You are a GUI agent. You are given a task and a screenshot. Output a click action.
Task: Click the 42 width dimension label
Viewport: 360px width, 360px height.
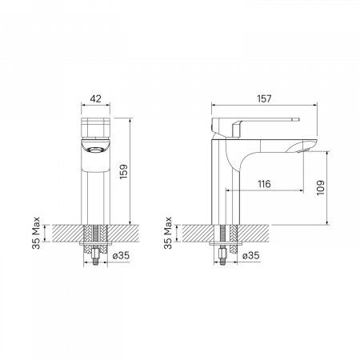(x=95, y=99)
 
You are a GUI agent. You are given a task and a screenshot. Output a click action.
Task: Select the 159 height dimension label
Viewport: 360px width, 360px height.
(x=123, y=172)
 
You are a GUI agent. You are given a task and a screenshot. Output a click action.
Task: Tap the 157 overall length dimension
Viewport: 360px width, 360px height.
(x=264, y=99)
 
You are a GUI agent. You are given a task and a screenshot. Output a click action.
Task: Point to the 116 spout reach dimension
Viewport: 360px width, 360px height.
(x=264, y=184)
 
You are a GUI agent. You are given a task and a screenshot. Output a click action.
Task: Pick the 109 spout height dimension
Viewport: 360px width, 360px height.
(x=321, y=188)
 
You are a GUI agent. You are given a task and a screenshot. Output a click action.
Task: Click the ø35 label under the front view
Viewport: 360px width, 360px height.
(x=121, y=255)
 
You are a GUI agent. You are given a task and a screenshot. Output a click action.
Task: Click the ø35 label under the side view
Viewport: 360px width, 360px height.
(x=251, y=255)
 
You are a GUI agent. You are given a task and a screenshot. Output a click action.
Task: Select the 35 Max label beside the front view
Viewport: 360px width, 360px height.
(x=36, y=233)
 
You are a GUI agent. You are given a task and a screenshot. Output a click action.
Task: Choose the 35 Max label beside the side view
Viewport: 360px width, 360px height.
(x=168, y=233)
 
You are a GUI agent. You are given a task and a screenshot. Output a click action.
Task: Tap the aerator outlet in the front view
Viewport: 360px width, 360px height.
(x=95, y=150)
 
